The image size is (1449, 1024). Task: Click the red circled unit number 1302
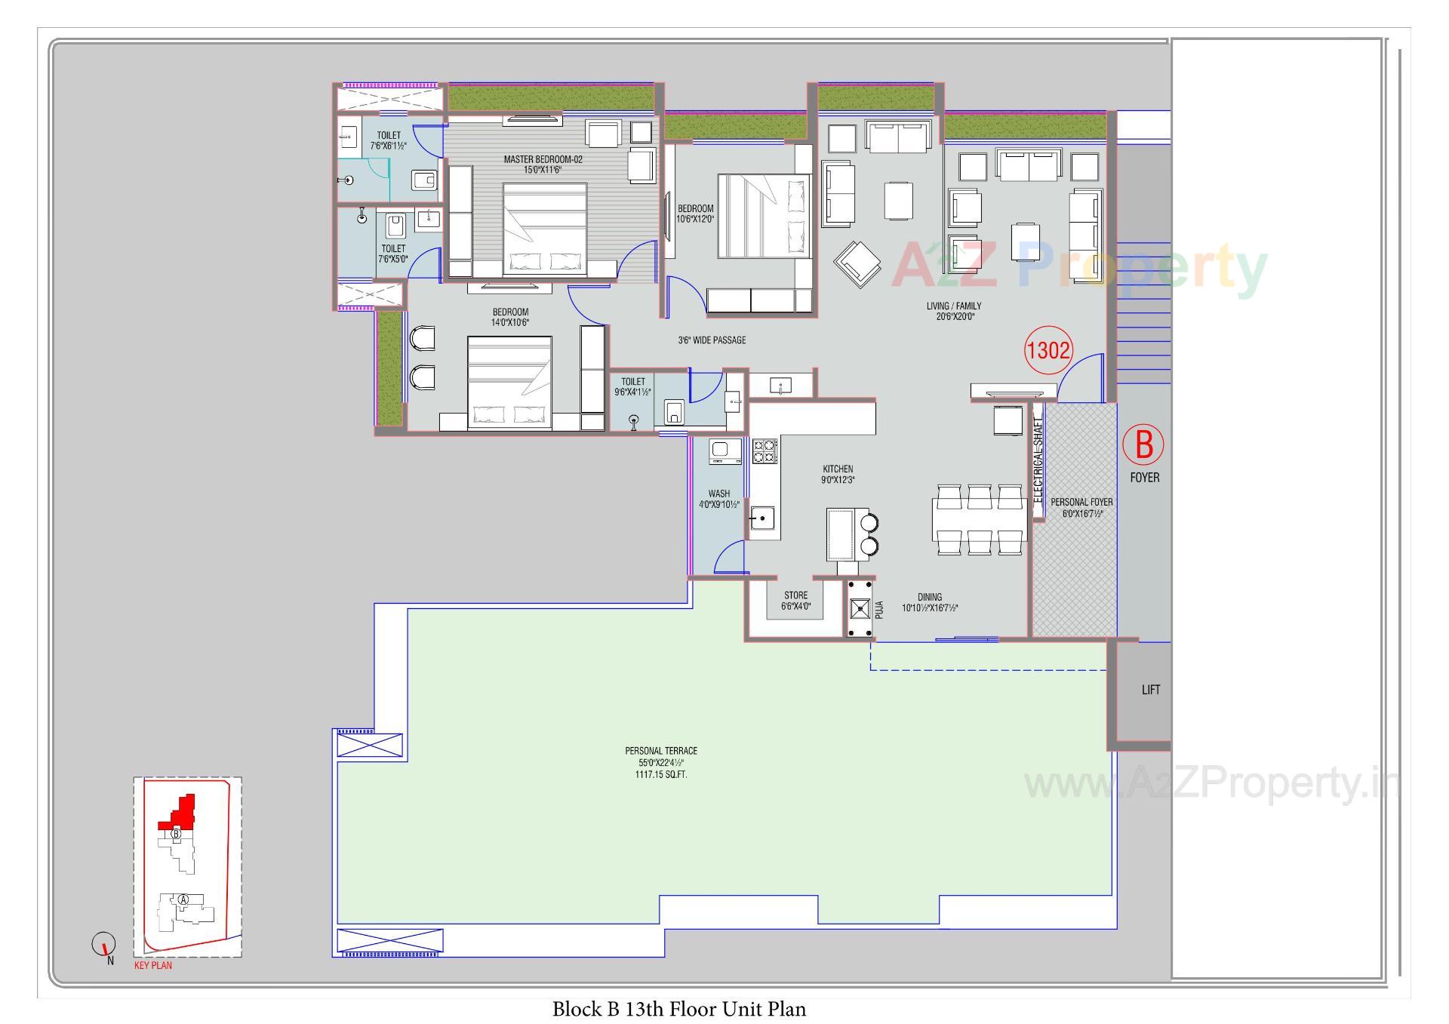click(x=1048, y=350)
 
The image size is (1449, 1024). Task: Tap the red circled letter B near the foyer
click(x=1143, y=445)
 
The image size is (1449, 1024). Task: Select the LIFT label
click(x=1150, y=690)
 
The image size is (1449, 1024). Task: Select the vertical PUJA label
click(x=878, y=610)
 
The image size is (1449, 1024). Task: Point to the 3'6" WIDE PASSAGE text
click(x=712, y=340)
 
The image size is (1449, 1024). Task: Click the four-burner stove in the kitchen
click(x=764, y=451)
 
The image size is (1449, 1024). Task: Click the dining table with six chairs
click(x=979, y=521)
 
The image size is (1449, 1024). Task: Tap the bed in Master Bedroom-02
click(x=545, y=231)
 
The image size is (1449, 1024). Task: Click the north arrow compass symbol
click(x=103, y=943)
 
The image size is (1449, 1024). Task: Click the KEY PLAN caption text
click(x=152, y=965)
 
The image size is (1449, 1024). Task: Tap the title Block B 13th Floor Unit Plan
click(x=678, y=1009)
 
